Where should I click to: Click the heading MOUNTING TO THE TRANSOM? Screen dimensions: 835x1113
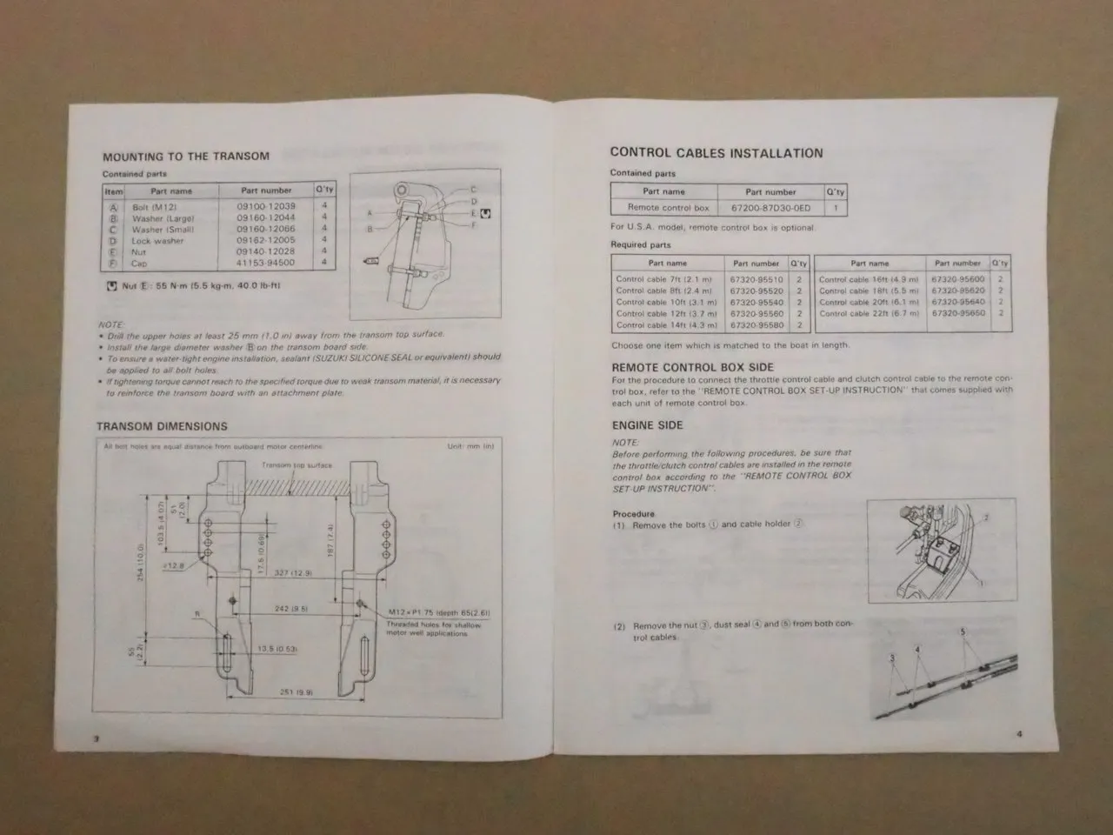(185, 157)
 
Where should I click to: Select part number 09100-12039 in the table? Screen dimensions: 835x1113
(265, 207)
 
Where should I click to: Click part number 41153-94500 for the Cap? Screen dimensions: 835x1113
(265, 263)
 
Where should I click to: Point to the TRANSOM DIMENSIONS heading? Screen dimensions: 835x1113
(162, 426)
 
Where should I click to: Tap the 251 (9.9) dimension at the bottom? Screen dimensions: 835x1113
(296, 692)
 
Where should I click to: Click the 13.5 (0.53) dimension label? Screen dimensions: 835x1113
(277, 649)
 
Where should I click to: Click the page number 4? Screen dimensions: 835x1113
(1019, 733)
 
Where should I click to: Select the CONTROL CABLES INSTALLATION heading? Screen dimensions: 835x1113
(716, 153)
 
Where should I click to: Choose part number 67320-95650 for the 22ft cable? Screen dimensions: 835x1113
(957, 313)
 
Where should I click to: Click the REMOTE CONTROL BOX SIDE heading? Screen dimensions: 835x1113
(692, 367)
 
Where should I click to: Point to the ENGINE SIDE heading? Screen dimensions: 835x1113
(647, 425)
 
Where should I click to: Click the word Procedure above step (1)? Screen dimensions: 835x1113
(633, 513)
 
